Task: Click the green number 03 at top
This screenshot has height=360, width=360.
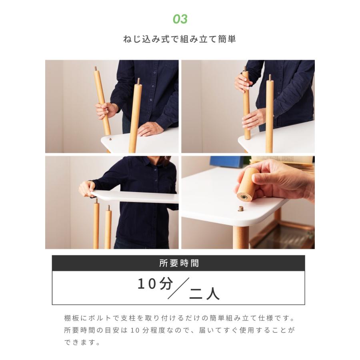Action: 180,19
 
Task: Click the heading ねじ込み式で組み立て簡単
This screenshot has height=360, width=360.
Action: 180,39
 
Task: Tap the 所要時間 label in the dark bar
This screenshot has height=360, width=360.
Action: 179,263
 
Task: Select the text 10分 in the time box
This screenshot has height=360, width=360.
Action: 155,284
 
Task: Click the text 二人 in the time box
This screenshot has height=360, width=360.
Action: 204,294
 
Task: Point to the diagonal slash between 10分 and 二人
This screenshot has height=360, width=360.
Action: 179,288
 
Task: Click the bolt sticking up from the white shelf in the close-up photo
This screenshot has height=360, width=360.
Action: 240,209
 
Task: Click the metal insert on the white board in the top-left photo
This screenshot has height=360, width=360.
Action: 110,139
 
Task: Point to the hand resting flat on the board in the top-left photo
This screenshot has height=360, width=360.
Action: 148,129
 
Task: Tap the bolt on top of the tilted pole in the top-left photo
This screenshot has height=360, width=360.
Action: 96,69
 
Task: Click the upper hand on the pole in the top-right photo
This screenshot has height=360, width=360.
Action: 242,82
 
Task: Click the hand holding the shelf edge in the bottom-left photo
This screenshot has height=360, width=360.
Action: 86,189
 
